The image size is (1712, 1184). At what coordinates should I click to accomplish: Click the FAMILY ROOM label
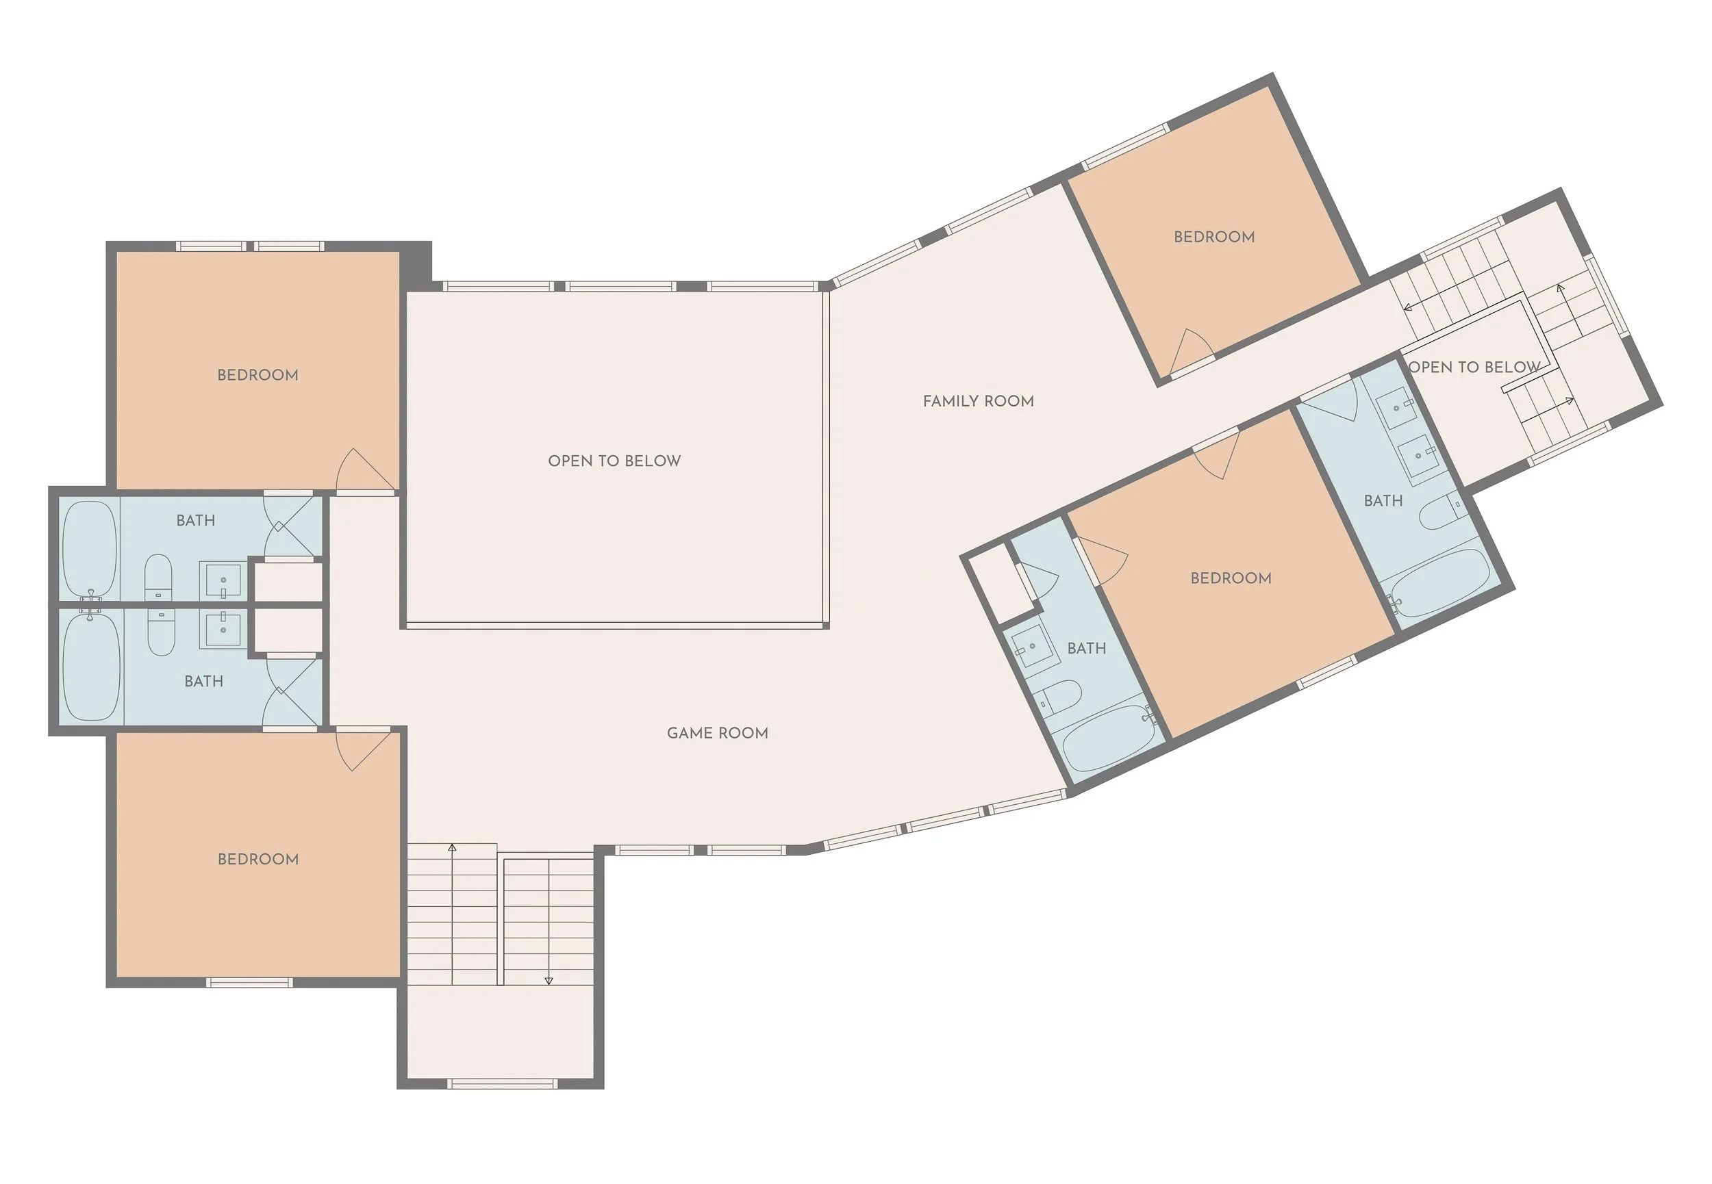(978, 401)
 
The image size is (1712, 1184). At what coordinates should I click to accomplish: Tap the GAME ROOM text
(717, 733)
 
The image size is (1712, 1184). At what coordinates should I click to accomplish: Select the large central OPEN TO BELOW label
(614, 461)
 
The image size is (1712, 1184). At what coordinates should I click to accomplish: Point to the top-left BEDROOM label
(257, 375)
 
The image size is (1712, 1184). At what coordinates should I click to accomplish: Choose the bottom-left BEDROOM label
(258, 859)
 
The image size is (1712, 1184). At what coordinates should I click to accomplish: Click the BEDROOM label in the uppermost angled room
(1214, 237)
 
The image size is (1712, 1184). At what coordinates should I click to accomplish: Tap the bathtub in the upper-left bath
(89, 549)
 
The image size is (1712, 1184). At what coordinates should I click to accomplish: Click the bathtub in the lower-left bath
(91, 666)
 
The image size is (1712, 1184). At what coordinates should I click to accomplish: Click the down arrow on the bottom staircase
(549, 980)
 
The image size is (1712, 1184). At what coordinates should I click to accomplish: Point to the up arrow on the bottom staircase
(452, 847)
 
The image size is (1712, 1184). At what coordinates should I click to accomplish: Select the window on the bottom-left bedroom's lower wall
(249, 982)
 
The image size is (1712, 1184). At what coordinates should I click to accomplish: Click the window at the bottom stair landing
(503, 1084)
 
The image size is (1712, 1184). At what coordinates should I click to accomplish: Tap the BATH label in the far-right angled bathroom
(1383, 502)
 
